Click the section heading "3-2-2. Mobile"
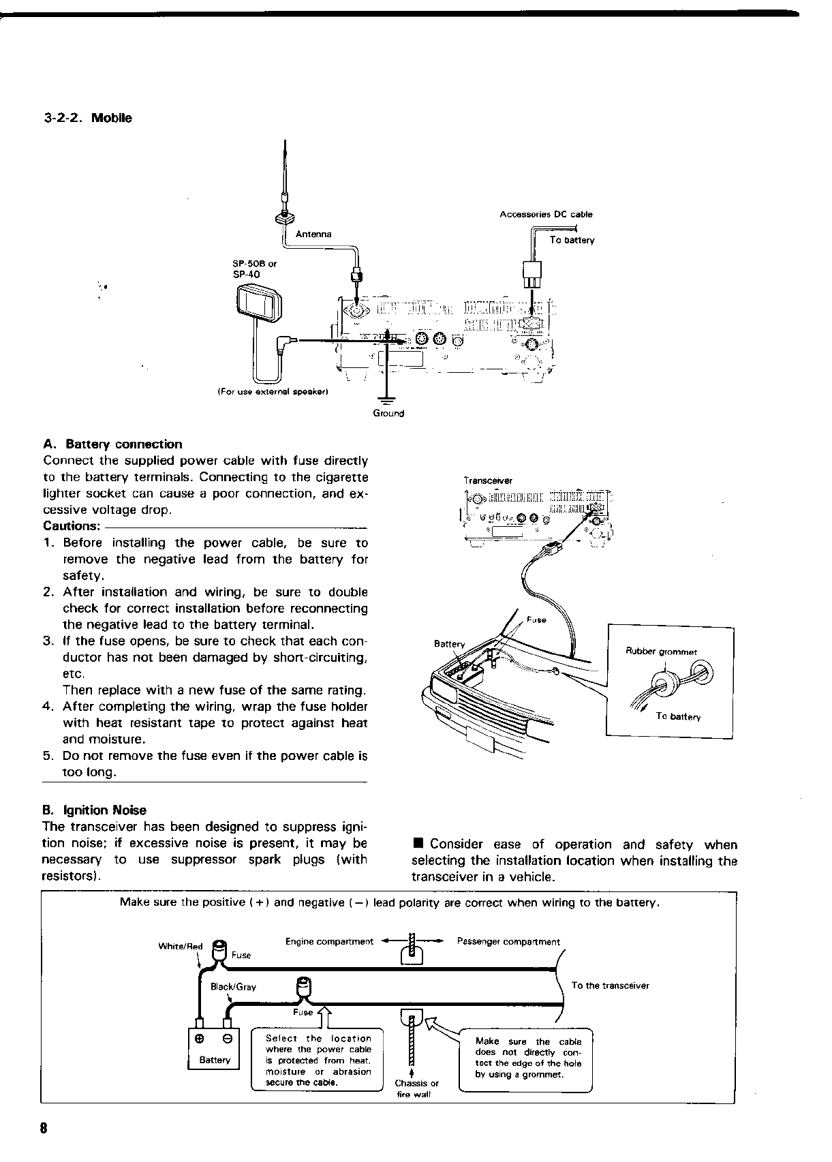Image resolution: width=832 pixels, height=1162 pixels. [x=88, y=118]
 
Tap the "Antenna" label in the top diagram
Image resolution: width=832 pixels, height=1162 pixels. [x=313, y=234]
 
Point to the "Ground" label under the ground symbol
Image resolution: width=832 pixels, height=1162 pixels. [x=388, y=414]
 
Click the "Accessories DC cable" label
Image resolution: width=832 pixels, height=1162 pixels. [x=546, y=215]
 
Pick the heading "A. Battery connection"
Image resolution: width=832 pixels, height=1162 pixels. [x=112, y=444]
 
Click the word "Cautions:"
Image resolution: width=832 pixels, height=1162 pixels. [x=72, y=526]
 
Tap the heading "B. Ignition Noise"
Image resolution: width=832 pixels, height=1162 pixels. [x=94, y=810]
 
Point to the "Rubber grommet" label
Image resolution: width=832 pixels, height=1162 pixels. [x=661, y=652]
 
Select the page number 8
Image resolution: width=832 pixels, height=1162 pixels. [x=44, y=1127]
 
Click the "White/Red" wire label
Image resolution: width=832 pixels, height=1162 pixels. [x=181, y=946]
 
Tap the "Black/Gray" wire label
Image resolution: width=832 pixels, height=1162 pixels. [x=233, y=987]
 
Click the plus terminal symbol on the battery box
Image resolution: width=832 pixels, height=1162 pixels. [x=200, y=1039]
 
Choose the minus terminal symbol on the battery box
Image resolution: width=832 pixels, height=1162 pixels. [x=228, y=1039]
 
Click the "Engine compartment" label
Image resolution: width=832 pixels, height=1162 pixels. [x=329, y=942]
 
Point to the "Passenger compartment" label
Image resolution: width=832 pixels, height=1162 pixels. [x=508, y=942]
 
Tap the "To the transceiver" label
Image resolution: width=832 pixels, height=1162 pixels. [x=610, y=985]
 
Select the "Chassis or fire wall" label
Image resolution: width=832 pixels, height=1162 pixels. [x=416, y=1088]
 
